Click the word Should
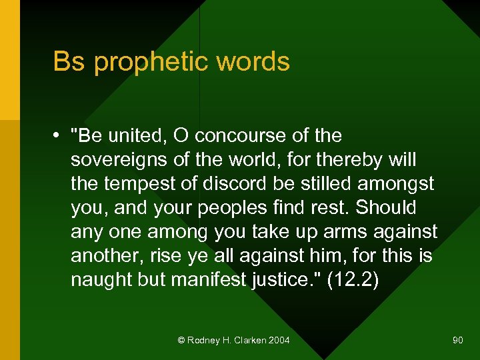(386, 207)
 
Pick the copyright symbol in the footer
(181, 341)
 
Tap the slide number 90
(457, 341)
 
